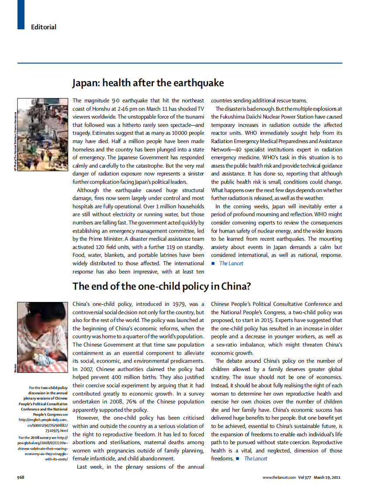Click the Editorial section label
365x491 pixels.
pyautogui.click(x=43, y=27)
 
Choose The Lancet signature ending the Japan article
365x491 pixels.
pyautogui.click(x=231, y=263)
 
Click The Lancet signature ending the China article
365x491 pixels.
pyautogui.click(x=256, y=459)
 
